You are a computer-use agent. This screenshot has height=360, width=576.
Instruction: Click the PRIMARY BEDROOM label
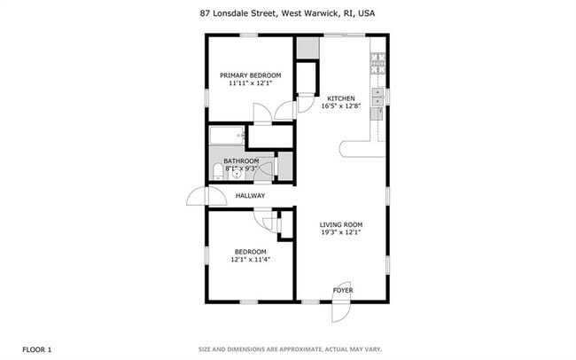[x=251, y=75]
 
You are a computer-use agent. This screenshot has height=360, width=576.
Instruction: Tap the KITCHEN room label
[x=341, y=98]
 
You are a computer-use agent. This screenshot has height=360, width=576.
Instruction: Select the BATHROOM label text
[x=241, y=160]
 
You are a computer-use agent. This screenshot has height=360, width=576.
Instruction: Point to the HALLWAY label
[x=251, y=196]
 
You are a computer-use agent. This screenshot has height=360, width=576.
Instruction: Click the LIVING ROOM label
[x=341, y=225]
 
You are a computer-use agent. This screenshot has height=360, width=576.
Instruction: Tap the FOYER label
[x=342, y=290]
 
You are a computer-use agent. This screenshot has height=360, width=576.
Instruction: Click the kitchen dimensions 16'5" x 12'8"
[x=341, y=106]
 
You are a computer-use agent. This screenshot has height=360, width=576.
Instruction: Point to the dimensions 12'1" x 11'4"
[x=251, y=260]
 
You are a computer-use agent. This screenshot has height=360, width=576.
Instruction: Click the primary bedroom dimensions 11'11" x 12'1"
[x=251, y=84]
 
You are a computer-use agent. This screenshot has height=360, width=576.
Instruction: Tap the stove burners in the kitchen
[x=378, y=62]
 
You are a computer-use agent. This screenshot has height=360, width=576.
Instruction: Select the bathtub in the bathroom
[x=227, y=136]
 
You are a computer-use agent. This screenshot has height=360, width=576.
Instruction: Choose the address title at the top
[x=287, y=12]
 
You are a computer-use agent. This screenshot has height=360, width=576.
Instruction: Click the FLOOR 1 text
[x=37, y=349]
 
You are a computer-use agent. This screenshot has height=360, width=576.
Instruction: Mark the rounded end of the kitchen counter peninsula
[x=344, y=149]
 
